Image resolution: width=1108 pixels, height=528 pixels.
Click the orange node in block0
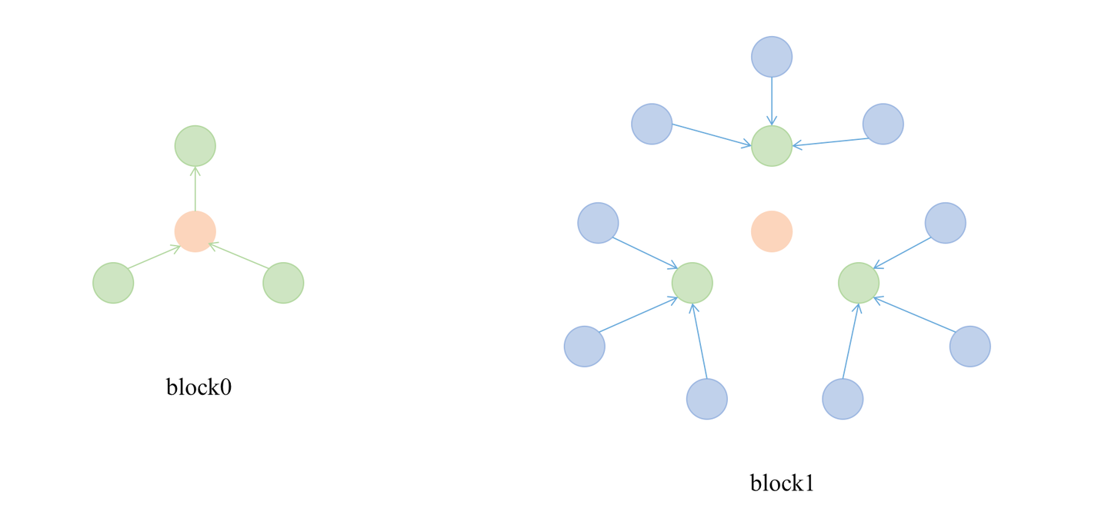pyautogui.click(x=195, y=231)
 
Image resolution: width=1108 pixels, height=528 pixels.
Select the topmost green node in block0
pyautogui.click(x=195, y=146)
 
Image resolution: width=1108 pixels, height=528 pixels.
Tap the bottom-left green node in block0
pyautogui.click(x=113, y=283)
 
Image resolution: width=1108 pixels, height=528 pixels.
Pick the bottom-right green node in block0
pyautogui.click(x=283, y=283)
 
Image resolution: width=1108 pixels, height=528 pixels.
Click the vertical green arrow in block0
pyautogui.click(x=195, y=188)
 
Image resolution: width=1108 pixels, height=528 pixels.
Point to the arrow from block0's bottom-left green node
pyautogui.click(x=154, y=257)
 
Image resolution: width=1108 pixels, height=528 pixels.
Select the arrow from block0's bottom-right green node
pyautogui.click(x=239, y=257)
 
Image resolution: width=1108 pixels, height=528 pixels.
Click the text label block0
pyautogui.click(x=199, y=387)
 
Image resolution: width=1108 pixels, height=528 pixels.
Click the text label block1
pyautogui.click(x=782, y=483)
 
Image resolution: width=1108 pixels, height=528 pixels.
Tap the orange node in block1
pyautogui.click(x=772, y=231)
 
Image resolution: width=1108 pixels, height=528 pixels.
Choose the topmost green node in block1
pyautogui.click(x=772, y=146)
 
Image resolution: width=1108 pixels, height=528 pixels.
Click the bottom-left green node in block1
pyautogui.click(x=692, y=283)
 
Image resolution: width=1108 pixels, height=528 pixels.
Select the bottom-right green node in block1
pyautogui.click(x=859, y=283)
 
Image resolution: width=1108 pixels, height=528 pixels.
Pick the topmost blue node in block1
pyautogui.click(x=772, y=56)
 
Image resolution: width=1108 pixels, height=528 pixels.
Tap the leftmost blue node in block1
pyautogui.click(x=585, y=347)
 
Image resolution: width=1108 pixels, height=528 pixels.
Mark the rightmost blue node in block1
pyautogui.click(x=970, y=347)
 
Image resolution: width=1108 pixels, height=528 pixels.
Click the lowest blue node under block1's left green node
pyautogui.click(x=707, y=399)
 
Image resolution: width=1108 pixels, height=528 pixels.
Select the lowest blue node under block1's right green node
pyautogui.click(x=843, y=399)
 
